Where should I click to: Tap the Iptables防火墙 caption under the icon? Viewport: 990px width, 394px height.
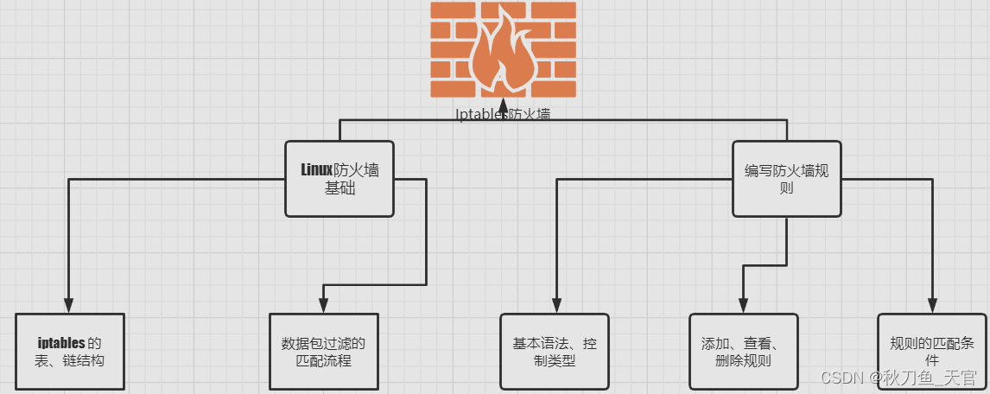click(x=502, y=114)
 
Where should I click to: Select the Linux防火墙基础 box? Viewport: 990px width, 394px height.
click(x=340, y=179)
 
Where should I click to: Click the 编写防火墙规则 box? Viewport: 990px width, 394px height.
click(x=787, y=179)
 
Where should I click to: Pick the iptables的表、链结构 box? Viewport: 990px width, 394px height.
click(x=70, y=352)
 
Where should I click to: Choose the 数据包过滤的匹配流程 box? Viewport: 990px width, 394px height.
click(x=323, y=352)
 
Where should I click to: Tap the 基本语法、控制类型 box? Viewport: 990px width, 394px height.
click(x=554, y=352)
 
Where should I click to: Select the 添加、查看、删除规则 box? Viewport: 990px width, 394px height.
click(x=743, y=352)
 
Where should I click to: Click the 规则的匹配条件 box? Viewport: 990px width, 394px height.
click(x=931, y=352)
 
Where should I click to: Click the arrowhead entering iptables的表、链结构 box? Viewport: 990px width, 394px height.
click(x=68, y=305)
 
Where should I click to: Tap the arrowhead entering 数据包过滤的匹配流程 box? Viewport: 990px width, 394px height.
click(x=323, y=305)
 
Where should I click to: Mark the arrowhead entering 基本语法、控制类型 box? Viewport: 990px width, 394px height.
click(x=554, y=305)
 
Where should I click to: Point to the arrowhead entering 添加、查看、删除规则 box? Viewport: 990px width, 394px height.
click(x=743, y=305)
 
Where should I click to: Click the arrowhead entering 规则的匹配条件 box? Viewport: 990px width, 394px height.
click(x=931, y=305)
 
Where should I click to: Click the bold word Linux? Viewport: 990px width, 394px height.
click(x=316, y=169)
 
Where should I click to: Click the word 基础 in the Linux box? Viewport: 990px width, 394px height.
click(x=340, y=188)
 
